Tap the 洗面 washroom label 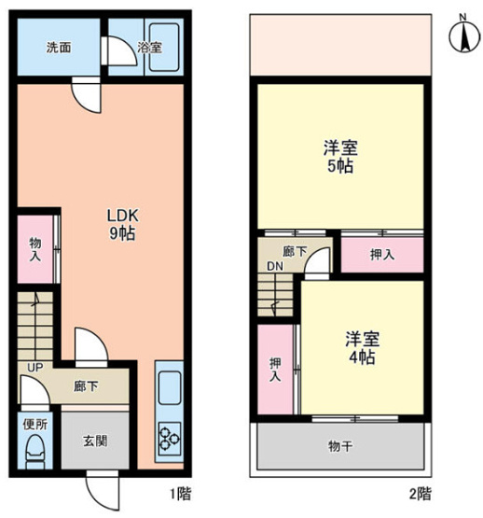point(59,48)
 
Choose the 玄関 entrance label point(93,440)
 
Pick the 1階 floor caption point(184,492)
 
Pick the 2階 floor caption point(421,492)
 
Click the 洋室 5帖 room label point(339,157)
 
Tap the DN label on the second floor point(275,266)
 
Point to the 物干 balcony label point(341,447)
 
